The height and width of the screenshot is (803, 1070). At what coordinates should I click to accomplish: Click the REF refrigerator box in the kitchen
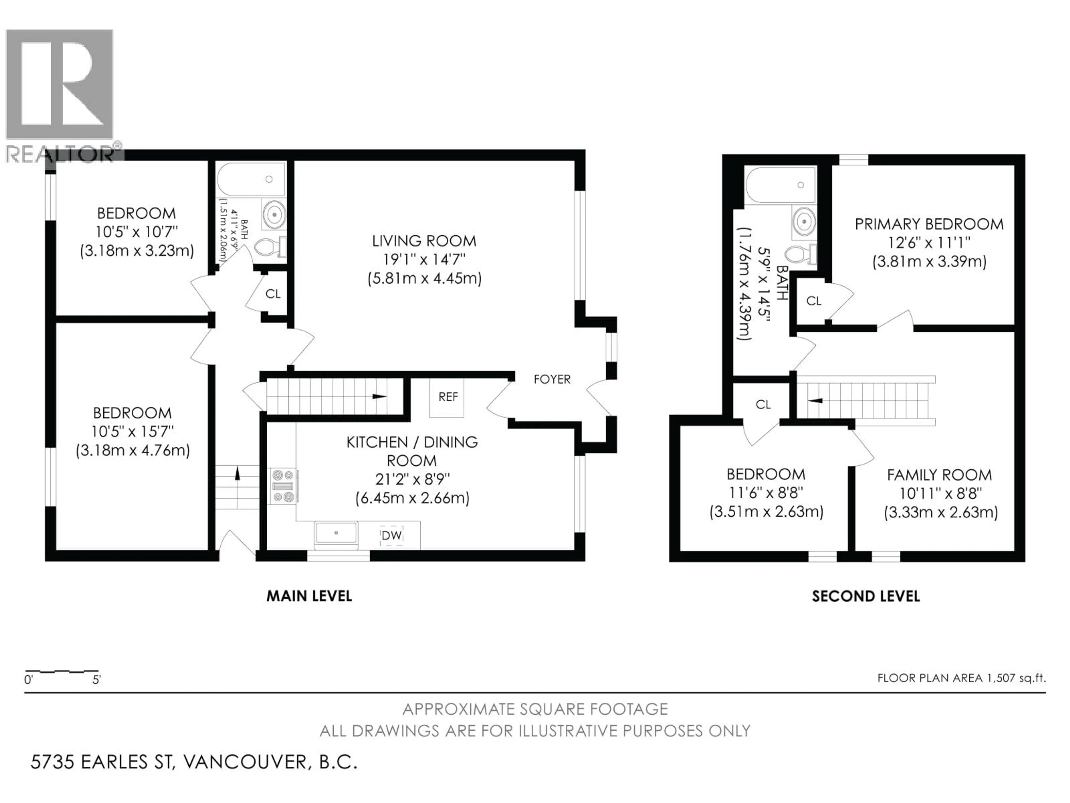pos(448,397)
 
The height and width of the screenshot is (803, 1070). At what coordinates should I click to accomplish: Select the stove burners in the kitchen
pos(283,486)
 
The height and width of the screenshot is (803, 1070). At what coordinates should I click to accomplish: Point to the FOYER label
pos(552,379)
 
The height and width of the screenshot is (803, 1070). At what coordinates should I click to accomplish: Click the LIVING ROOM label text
pos(424,241)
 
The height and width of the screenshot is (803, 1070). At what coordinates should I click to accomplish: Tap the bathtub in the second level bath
pos(780,185)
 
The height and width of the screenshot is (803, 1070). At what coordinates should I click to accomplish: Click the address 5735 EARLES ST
pos(102,762)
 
